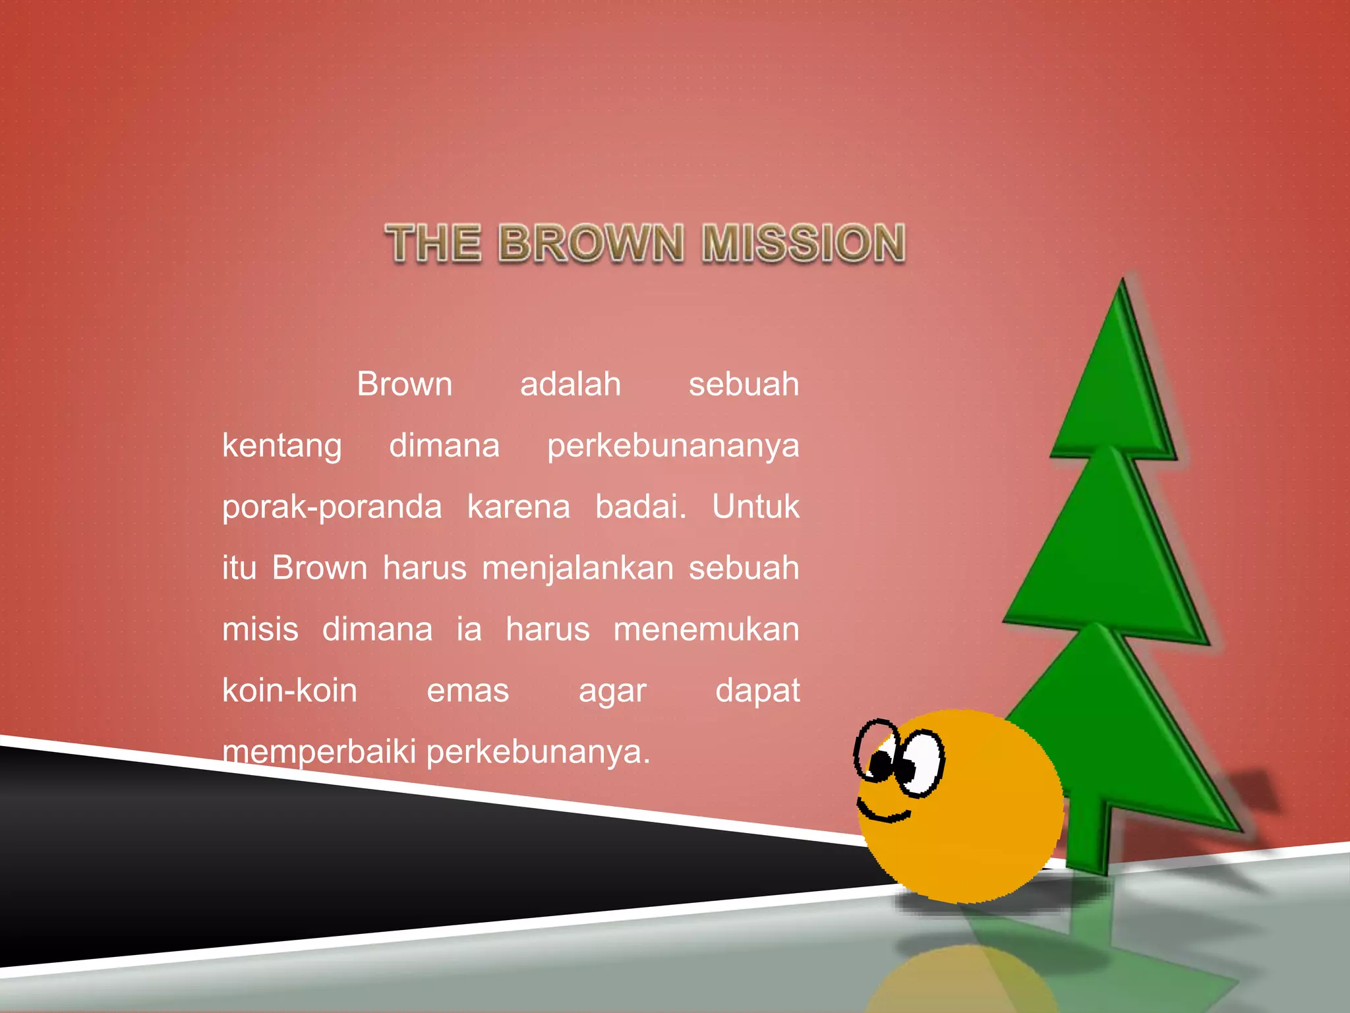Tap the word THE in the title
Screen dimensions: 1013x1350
pos(433,243)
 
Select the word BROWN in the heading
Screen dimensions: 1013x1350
pos(591,243)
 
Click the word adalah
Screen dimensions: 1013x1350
pos(570,384)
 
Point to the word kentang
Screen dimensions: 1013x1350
pos(282,447)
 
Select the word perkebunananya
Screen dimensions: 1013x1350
pos(673,447)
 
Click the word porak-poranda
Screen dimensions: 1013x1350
pos(332,507)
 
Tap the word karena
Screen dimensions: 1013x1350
pos(519,507)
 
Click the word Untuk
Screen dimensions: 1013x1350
pos(755,507)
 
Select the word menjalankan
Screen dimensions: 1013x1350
pos(578,569)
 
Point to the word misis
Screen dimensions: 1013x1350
pos(260,629)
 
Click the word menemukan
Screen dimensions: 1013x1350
pos(706,629)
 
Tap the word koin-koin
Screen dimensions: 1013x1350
pos(290,691)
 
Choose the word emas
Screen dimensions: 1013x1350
pos(468,691)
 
